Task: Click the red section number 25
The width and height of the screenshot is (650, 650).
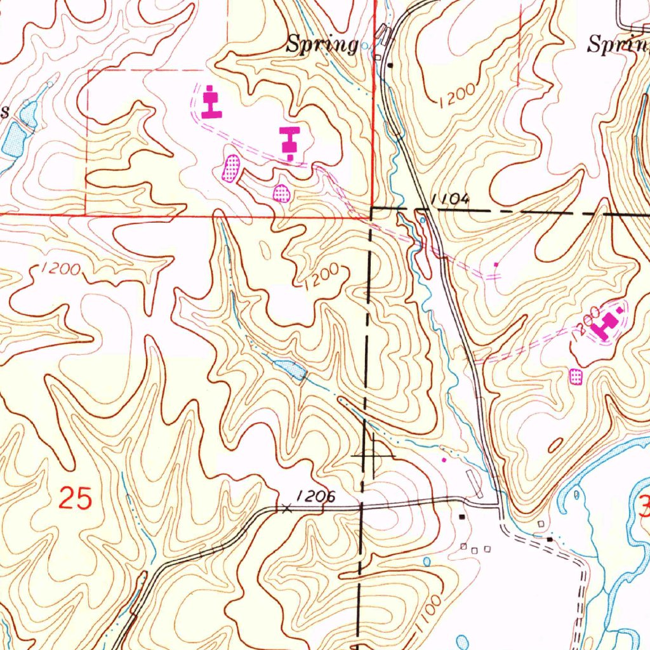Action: (75, 498)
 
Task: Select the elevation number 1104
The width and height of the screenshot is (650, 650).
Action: (449, 199)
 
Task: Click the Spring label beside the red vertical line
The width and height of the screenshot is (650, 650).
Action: (322, 44)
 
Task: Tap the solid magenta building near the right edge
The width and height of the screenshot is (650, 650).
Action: (607, 325)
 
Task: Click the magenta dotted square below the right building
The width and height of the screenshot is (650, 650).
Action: (576, 377)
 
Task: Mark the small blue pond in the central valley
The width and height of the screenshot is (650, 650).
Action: (290, 369)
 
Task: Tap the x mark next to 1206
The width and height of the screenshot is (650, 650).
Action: (286, 508)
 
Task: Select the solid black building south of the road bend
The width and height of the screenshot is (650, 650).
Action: (462, 517)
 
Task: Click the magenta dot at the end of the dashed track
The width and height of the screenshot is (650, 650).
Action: (496, 263)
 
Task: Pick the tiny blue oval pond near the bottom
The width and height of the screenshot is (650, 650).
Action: (426, 562)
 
